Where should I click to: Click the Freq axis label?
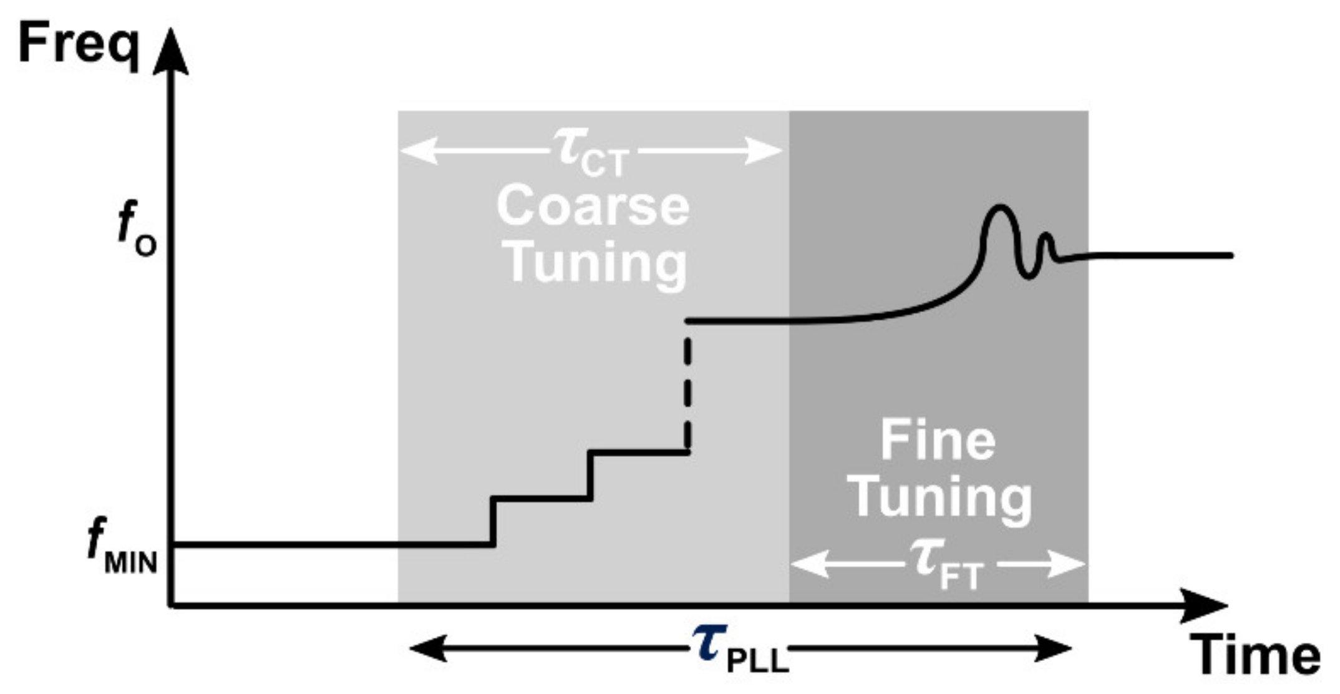click(78, 44)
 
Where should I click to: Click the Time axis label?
click(1254, 655)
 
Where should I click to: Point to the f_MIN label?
click(122, 548)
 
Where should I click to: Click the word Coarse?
click(593, 207)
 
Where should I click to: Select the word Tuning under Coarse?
click(596, 265)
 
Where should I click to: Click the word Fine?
click(938, 441)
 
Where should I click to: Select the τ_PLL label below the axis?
click(740, 649)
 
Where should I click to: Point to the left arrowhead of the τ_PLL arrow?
click(427, 648)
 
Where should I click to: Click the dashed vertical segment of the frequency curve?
click(687, 390)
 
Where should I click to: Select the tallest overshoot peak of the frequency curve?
click(1000, 208)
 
